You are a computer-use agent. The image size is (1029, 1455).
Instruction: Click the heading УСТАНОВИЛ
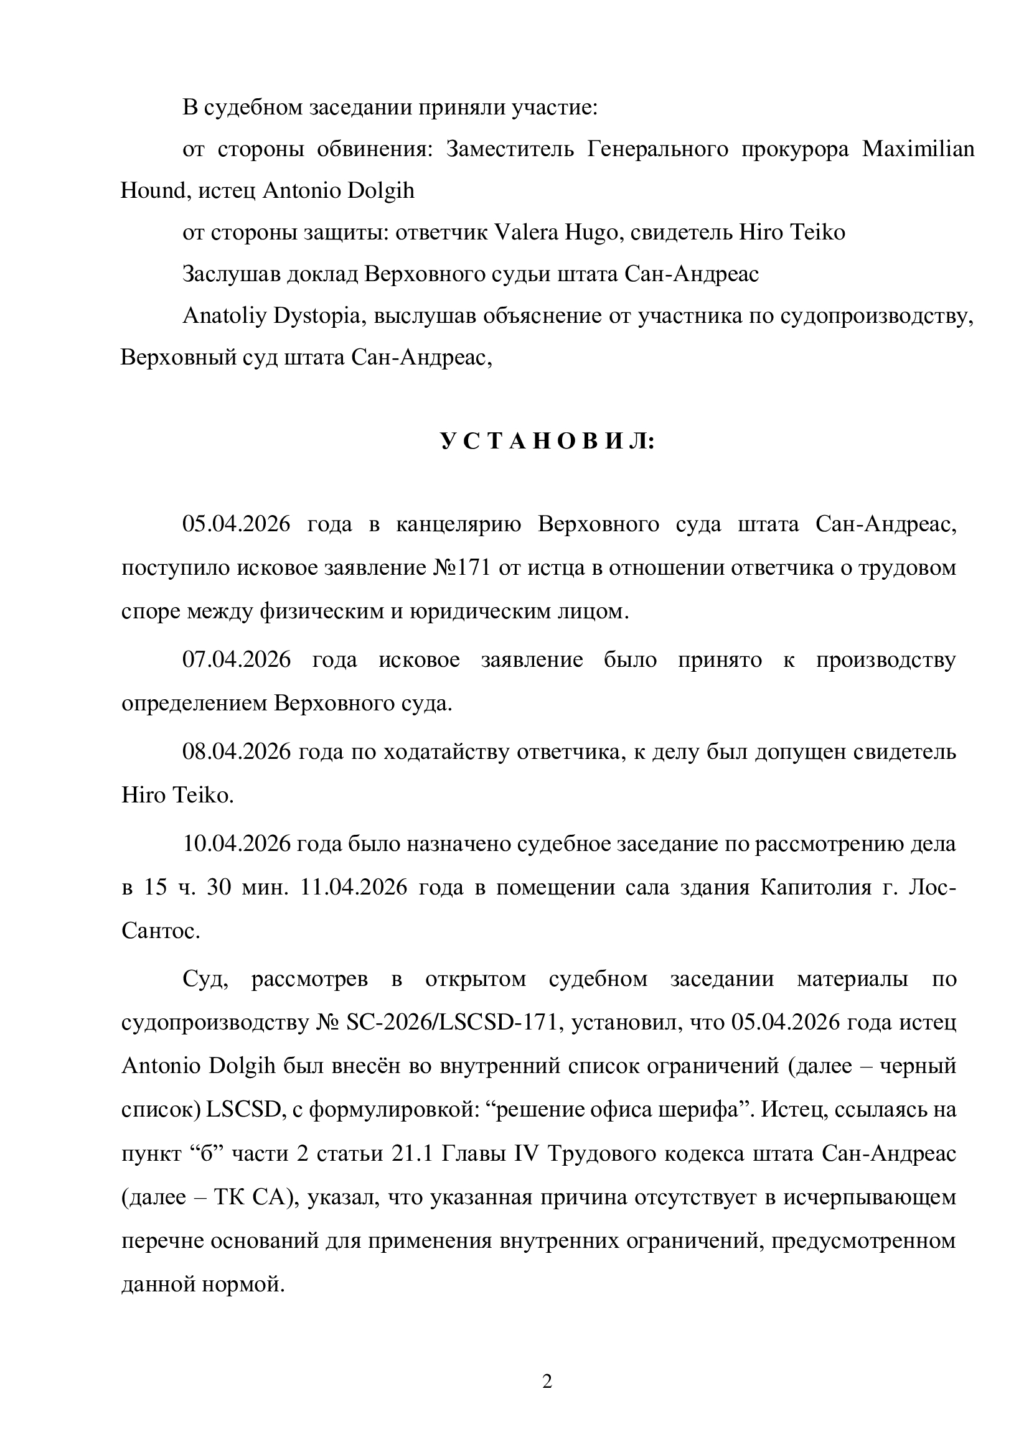coord(547,442)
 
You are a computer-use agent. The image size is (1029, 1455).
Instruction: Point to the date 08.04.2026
coord(237,752)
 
